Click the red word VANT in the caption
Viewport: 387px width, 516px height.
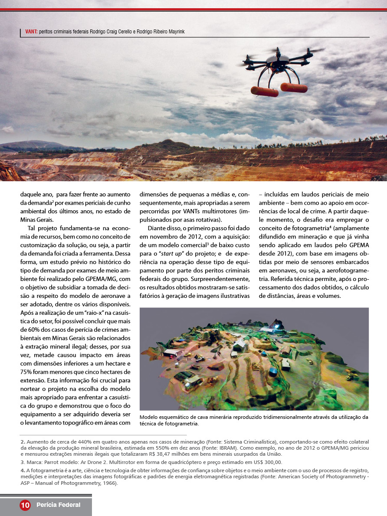coord(31,32)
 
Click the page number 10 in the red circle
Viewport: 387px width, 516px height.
coord(25,505)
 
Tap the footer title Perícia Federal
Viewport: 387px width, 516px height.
coord(59,505)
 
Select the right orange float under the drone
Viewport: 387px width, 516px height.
coord(294,87)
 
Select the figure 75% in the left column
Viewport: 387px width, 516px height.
coord(27,372)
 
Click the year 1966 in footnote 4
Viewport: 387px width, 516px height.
coord(110,483)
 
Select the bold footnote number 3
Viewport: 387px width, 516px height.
coord(22,462)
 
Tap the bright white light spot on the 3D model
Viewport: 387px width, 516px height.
coord(276,322)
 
